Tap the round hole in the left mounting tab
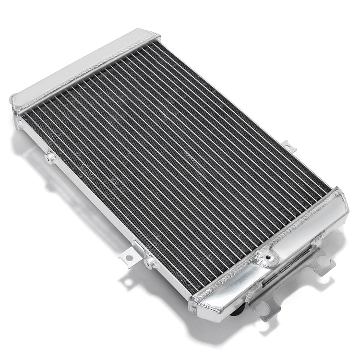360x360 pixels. tap(129, 258)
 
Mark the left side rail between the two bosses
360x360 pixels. tap(96, 206)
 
